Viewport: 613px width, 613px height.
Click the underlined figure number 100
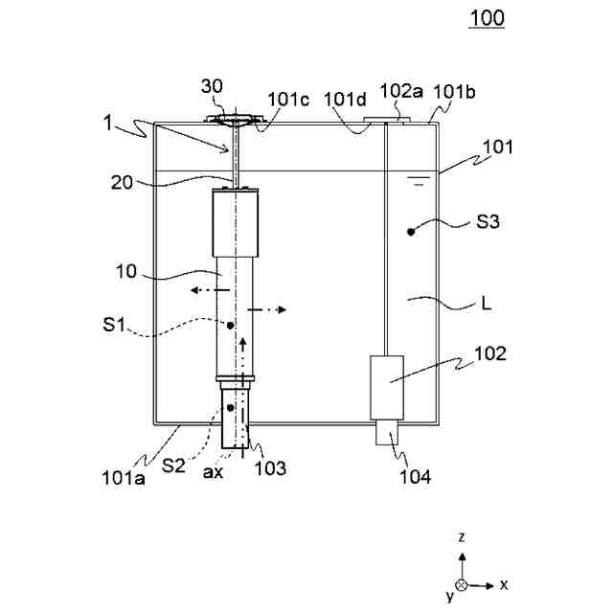(x=487, y=18)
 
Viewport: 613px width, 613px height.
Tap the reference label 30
(x=213, y=85)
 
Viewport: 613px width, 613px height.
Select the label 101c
(x=288, y=98)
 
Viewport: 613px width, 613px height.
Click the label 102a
(x=400, y=92)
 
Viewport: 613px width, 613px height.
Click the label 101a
(x=125, y=475)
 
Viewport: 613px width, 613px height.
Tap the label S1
(x=117, y=326)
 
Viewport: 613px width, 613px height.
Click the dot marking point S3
(x=411, y=231)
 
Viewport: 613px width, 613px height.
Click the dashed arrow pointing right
(x=268, y=310)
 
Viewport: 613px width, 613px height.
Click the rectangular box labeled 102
(x=388, y=387)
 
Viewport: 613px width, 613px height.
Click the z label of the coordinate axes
(x=462, y=538)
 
